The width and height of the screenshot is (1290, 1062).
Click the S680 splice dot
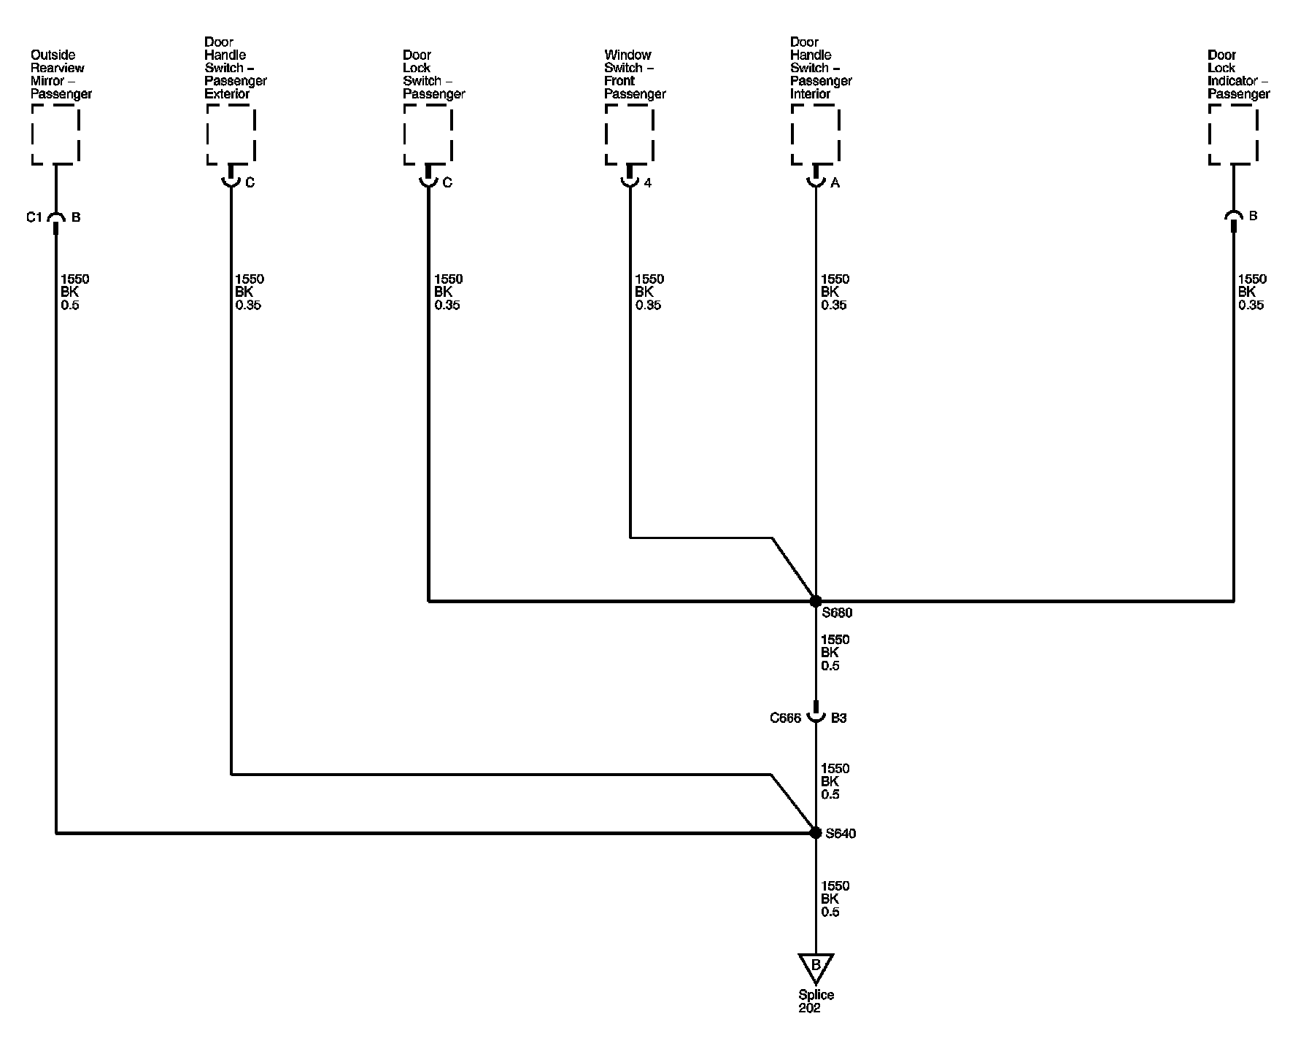[x=816, y=601]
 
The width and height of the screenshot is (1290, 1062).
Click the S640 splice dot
[x=816, y=832]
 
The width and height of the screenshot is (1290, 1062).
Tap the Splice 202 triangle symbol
[x=816, y=966]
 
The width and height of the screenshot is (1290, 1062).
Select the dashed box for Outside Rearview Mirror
[x=55, y=135]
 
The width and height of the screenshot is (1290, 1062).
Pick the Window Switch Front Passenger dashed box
[x=629, y=135]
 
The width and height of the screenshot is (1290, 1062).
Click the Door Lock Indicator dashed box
[x=1233, y=135]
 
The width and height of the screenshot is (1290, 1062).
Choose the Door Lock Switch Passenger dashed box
[x=428, y=135]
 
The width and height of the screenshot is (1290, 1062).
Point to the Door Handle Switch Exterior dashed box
[x=231, y=135]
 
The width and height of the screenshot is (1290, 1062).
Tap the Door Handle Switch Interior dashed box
[x=816, y=135]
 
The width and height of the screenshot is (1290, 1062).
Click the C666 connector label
[x=785, y=718]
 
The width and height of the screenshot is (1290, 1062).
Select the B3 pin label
[x=839, y=718]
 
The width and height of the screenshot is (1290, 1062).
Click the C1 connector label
[x=34, y=217]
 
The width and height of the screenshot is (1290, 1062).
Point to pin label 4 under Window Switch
[x=648, y=183]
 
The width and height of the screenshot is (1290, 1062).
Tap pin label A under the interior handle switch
[x=835, y=183]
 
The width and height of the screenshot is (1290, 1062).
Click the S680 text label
[x=837, y=613]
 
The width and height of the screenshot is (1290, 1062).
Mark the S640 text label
[x=841, y=833]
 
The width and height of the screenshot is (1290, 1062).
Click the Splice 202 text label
[x=816, y=1001]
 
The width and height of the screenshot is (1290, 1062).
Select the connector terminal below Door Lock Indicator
[x=1233, y=219]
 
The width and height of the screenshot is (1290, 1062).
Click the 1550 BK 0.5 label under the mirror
[x=75, y=292]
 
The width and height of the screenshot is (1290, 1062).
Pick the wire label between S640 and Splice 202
[x=835, y=899]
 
